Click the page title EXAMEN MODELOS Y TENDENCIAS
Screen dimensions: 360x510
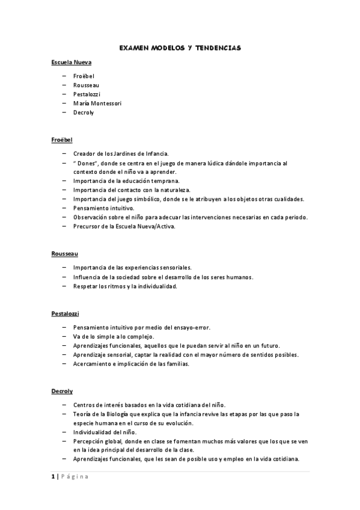(180, 46)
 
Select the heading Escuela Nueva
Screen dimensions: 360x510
(72, 61)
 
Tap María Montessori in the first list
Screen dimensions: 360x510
(97, 103)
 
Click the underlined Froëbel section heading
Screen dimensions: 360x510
(62, 140)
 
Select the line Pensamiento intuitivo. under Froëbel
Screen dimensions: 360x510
(100, 207)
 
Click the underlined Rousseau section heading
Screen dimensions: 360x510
(65, 254)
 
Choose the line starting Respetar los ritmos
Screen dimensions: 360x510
(125, 286)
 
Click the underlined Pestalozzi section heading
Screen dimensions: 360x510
(66, 314)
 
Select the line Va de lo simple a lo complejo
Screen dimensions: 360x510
(114, 337)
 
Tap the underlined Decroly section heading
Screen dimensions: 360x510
(62, 392)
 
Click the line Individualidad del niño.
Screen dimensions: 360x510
(105, 432)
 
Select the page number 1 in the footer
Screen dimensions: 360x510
(53, 477)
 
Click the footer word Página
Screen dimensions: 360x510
(74, 477)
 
